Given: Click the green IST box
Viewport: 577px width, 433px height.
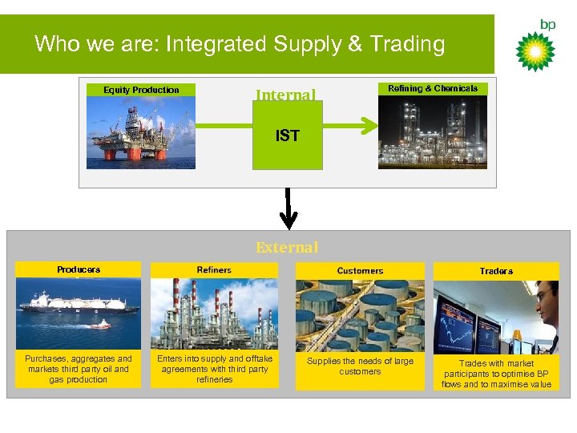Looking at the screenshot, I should point(287,136).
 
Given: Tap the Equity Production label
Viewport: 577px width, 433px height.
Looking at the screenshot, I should point(141,90).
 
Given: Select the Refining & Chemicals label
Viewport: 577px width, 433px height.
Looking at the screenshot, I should point(433,89).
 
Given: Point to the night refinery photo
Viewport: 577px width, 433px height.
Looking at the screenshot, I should point(433,132).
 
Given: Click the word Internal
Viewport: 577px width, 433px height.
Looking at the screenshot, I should point(285,95).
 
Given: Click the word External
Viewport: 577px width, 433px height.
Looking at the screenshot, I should point(287,248).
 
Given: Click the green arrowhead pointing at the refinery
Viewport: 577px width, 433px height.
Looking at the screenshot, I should point(368,124).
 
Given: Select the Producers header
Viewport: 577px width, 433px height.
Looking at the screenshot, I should point(79,269).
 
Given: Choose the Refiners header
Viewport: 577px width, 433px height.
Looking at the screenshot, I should point(214,270).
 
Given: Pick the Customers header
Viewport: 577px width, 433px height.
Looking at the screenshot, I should point(360,271).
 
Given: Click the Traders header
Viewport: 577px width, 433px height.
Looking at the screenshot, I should point(496,271).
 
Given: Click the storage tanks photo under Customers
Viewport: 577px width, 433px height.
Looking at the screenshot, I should point(360,317).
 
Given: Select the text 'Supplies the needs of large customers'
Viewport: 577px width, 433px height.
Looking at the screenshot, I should point(360,366).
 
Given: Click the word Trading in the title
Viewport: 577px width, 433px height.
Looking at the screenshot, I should point(407,43).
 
